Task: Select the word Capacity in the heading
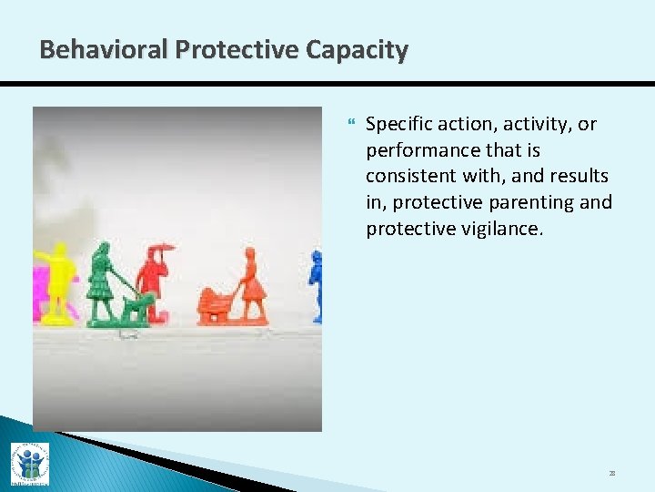[356, 49]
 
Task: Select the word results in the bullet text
[579, 176]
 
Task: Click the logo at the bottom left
[29, 463]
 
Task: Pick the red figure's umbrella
[161, 249]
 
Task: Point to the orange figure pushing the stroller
[251, 284]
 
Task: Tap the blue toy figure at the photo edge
[316, 285]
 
